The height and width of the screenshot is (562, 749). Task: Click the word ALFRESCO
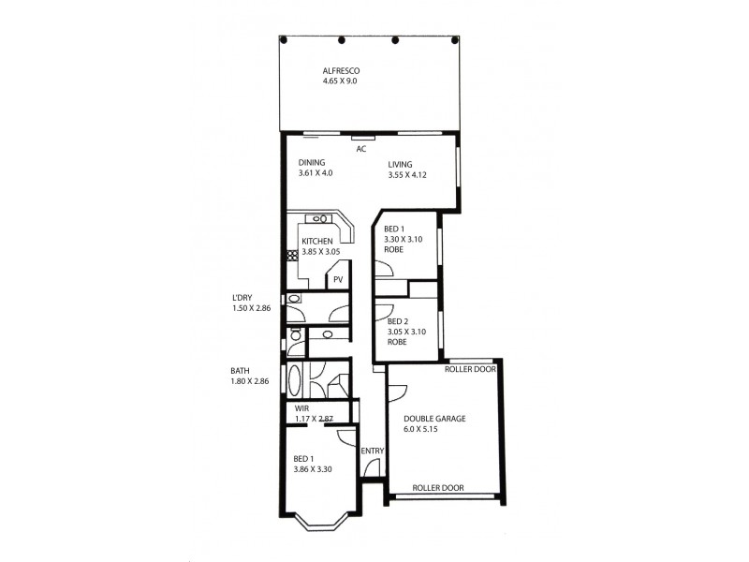[x=342, y=71]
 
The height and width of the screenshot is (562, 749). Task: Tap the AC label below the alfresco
[x=360, y=149]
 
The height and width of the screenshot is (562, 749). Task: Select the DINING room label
[x=312, y=162]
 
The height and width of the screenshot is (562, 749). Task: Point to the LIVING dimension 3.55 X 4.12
[x=407, y=175]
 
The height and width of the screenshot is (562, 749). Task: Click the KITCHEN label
[x=317, y=242]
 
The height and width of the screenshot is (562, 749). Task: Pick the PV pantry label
[x=337, y=278]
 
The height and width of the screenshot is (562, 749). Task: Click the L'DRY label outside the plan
[x=242, y=298]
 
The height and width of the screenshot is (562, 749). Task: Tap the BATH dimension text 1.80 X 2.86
[x=250, y=381]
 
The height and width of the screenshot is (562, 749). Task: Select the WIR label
[x=301, y=408]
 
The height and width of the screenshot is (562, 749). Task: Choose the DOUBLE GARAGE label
[x=434, y=419]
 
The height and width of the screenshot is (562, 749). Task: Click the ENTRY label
[x=372, y=451]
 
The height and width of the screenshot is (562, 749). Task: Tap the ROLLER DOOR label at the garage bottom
[x=438, y=488]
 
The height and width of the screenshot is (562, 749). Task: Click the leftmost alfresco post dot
[x=288, y=40]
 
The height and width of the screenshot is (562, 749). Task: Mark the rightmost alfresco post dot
[x=456, y=40]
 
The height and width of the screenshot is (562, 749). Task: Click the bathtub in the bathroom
[x=296, y=382]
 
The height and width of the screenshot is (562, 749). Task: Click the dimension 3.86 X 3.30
[x=313, y=468]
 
